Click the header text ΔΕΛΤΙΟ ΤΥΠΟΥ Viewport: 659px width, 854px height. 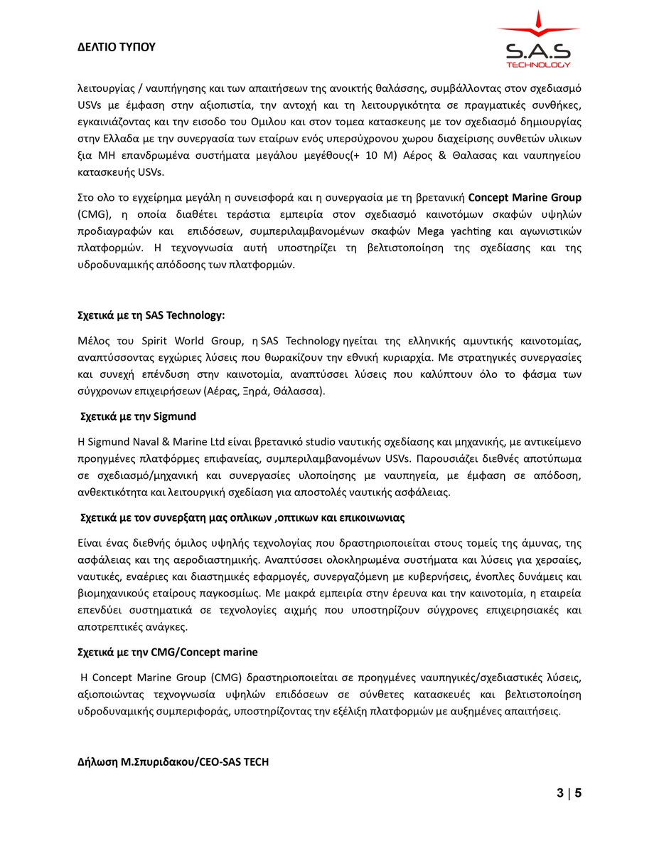pyautogui.click(x=116, y=47)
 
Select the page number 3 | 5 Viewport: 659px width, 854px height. pyautogui.click(x=569, y=793)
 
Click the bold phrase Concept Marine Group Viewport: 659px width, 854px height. pyautogui.click(x=525, y=197)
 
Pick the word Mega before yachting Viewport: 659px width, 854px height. pyautogui.click(x=430, y=231)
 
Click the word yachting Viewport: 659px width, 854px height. pyautogui.click(x=470, y=231)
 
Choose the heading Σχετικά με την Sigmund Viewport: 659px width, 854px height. pyautogui.click(x=138, y=416)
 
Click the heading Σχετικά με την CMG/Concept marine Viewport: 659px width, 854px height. pyautogui.click(x=168, y=652)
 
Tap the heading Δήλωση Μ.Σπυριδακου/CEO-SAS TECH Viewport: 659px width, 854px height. pyautogui.click(x=173, y=762)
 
